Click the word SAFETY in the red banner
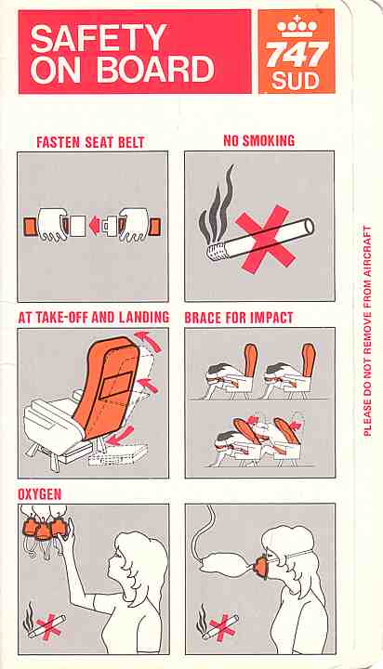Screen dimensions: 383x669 point(99,38)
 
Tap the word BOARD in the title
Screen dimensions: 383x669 point(155,69)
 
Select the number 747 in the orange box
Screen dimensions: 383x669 point(297,54)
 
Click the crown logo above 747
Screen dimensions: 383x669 point(297,27)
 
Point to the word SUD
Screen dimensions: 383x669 point(296,81)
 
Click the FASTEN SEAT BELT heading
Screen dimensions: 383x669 point(90,142)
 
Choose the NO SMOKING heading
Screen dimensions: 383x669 point(259,141)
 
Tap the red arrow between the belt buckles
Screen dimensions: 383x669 point(95,225)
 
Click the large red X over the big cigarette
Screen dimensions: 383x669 point(265,238)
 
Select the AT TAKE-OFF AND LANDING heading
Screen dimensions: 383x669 point(94,318)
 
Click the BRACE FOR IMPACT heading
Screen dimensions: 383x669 point(239,318)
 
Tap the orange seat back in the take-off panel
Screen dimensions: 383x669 point(107,387)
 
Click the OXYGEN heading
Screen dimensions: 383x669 point(40,494)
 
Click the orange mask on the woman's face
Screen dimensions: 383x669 point(261,567)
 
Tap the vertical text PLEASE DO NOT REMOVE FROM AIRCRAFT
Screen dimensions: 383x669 point(367,331)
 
